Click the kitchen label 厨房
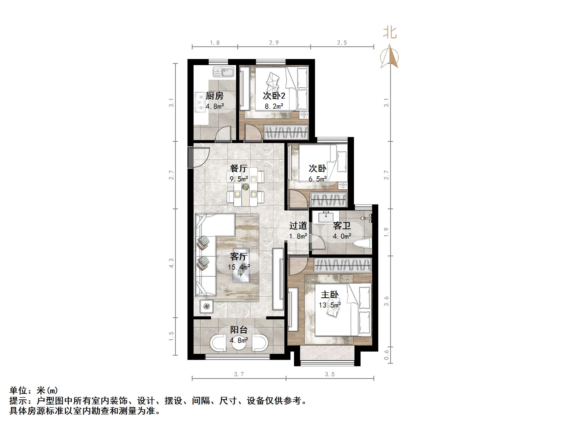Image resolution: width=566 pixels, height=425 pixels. pyautogui.click(x=214, y=96)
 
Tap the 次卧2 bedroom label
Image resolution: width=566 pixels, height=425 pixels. pyautogui.click(x=274, y=96)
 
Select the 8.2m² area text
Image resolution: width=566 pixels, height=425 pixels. pyautogui.click(x=274, y=106)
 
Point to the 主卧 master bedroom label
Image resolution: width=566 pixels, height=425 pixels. pyautogui.click(x=330, y=295)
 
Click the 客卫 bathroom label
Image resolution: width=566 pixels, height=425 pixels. pyautogui.click(x=342, y=226)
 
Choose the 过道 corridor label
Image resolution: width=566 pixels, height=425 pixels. pyautogui.click(x=298, y=226)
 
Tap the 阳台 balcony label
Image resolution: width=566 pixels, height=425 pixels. pyautogui.click(x=239, y=330)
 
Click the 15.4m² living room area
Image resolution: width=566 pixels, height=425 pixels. pyautogui.click(x=239, y=267)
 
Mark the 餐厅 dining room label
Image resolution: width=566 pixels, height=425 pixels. pyautogui.click(x=239, y=168)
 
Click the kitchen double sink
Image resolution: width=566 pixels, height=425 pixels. pyautogui.click(x=223, y=72)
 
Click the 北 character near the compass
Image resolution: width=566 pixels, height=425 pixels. pyautogui.click(x=390, y=33)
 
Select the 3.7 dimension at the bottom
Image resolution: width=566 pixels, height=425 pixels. pyautogui.click(x=239, y=374)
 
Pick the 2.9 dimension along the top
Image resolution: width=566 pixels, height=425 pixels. pyautogui.click(x=274, y=43)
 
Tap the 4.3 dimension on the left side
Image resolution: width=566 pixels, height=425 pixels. pyautogui.click(x=171, y=263)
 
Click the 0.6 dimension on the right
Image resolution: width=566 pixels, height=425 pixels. pyautogui.click(x=386, y=355)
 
